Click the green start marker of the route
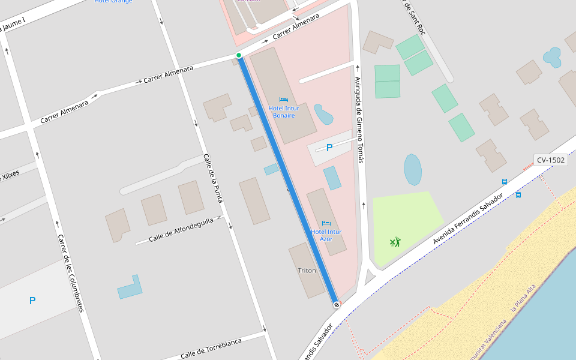click(239, 55)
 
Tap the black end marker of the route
click(337, 305)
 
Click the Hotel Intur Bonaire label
click(284, 112)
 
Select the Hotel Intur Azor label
click(326, 235)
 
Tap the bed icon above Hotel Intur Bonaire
click(284, 100)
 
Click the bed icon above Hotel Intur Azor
click(326, 223)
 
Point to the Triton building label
click(307, 271)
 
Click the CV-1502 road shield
click(550, 160)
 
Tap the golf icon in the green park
click(394, 242)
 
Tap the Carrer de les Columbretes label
click(70, 273)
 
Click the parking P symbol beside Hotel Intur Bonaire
click(329, 147)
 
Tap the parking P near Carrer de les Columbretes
click(32, 301)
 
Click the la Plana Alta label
click(523, 298)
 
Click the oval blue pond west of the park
click(413, 169)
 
